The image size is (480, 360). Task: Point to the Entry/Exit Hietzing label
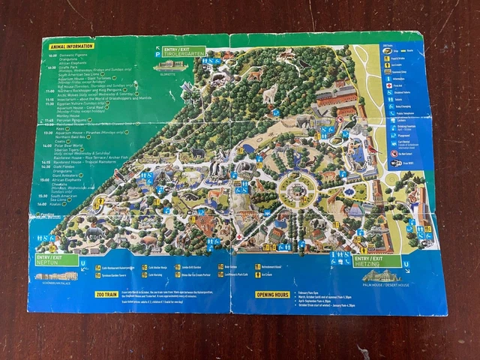[376, 260]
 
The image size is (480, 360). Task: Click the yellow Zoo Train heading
[106, 295]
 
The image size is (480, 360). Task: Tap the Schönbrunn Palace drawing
[55, 276]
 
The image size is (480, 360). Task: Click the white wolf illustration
[268, 94]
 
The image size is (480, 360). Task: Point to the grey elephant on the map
[198, 152]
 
